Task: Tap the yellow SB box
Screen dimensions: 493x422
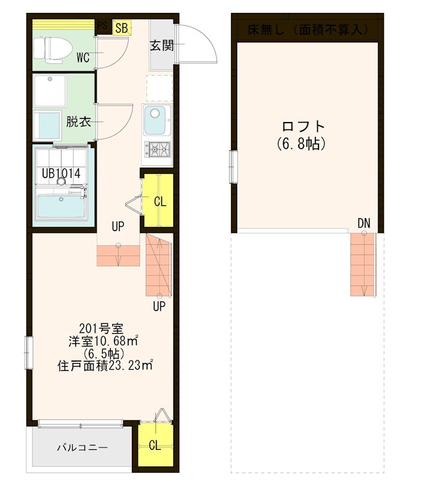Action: (x=121, y=28)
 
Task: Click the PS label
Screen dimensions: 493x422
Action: (x=102, y=26)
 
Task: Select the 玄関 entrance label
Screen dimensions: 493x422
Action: (x=161, y=45)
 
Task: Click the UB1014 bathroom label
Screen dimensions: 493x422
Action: (x=61, y=174)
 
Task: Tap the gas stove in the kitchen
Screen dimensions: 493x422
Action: (x=159, y=149)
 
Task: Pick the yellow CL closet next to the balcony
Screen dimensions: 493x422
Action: (x=155, y=445)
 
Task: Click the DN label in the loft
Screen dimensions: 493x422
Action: (x=363, y=222)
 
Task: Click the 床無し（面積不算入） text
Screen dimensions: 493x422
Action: (x=307, y=29)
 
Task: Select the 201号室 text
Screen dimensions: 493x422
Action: (x=95, y=327)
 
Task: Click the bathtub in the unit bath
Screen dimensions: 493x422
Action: (x=62, y=206)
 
